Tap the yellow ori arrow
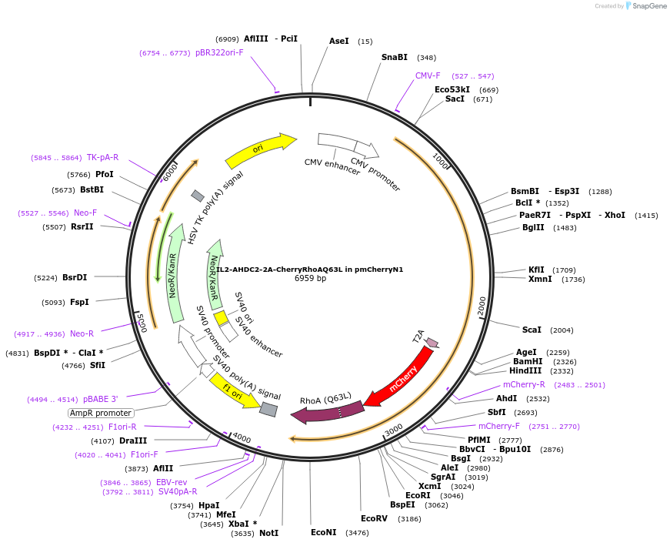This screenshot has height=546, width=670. click(260, 150)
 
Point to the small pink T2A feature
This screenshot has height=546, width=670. click(432, 343)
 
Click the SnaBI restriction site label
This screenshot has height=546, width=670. click(395, 57)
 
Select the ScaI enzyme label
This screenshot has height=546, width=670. click(532, 330)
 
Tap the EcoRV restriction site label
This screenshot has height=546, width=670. click(374, 518)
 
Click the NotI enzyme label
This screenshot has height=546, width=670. click(268, 532)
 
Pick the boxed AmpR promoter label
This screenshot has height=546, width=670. click(101, 413)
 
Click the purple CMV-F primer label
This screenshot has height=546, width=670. click(428, 75)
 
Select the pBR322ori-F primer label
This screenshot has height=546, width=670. click(219, 52)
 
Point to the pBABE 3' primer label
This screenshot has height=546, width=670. click(101, 399)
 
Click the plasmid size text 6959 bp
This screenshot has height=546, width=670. click(310, 278)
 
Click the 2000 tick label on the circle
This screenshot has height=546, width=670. click(482, 305)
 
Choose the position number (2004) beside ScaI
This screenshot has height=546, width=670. click(562, 330)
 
